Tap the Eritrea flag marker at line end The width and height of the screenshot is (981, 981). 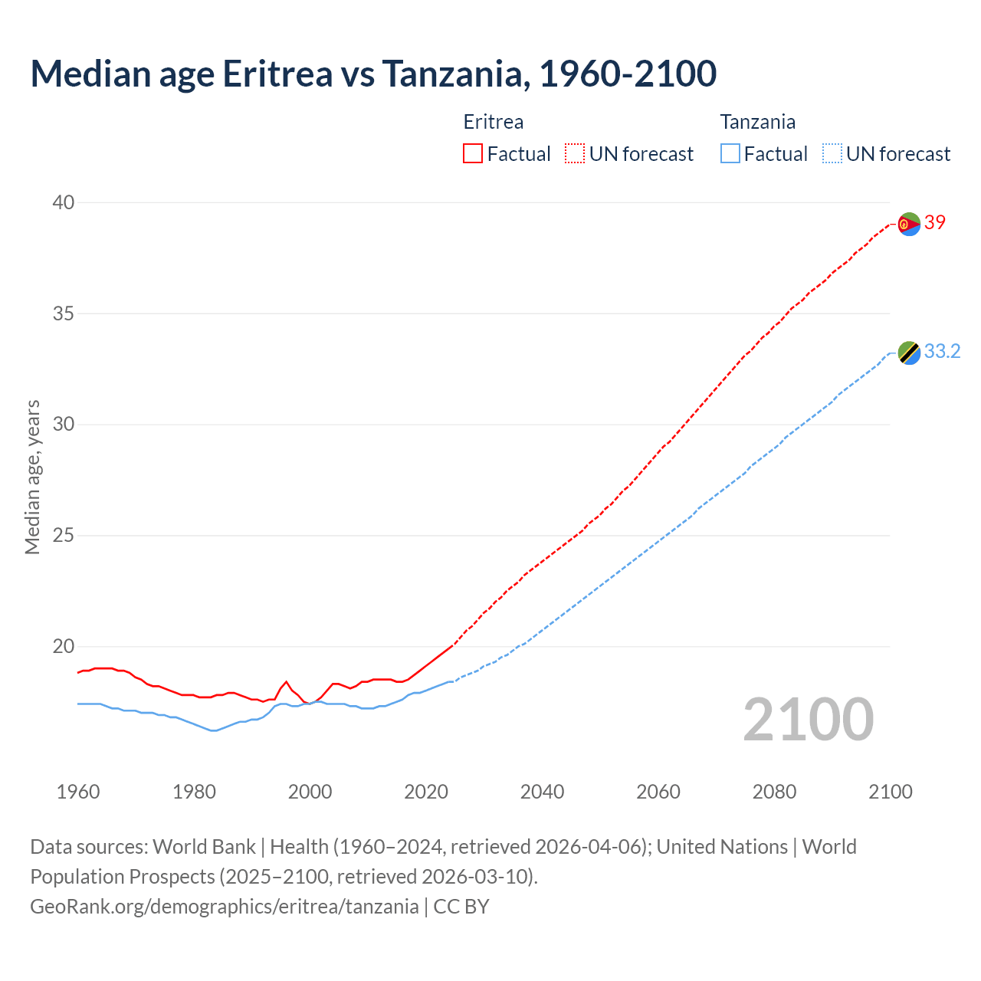coord(909,224)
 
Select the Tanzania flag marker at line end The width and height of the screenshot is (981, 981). coord(909,353)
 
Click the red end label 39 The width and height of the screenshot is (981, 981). coord(935,223)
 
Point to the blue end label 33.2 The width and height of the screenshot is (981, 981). coord(942,352)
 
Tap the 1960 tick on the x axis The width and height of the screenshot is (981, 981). coord(78,792)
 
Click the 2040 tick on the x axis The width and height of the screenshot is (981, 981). coord(542,792)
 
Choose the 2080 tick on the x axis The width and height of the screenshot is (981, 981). coord(774,792)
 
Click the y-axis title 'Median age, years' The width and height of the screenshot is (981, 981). coord(32,477)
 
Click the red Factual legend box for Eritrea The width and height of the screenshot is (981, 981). coord(473,154)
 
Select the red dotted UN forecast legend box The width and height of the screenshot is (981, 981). coord(575,154)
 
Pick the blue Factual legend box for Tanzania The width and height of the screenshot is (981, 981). coord(730,154)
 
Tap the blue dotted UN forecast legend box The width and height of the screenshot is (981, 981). coord(832,154)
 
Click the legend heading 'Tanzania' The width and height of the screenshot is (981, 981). coord(757,122)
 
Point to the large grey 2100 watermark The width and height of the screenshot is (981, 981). coord(808,720)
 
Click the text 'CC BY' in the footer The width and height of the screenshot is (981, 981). coord(461,907)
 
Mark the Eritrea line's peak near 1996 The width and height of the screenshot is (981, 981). coord(287,681)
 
